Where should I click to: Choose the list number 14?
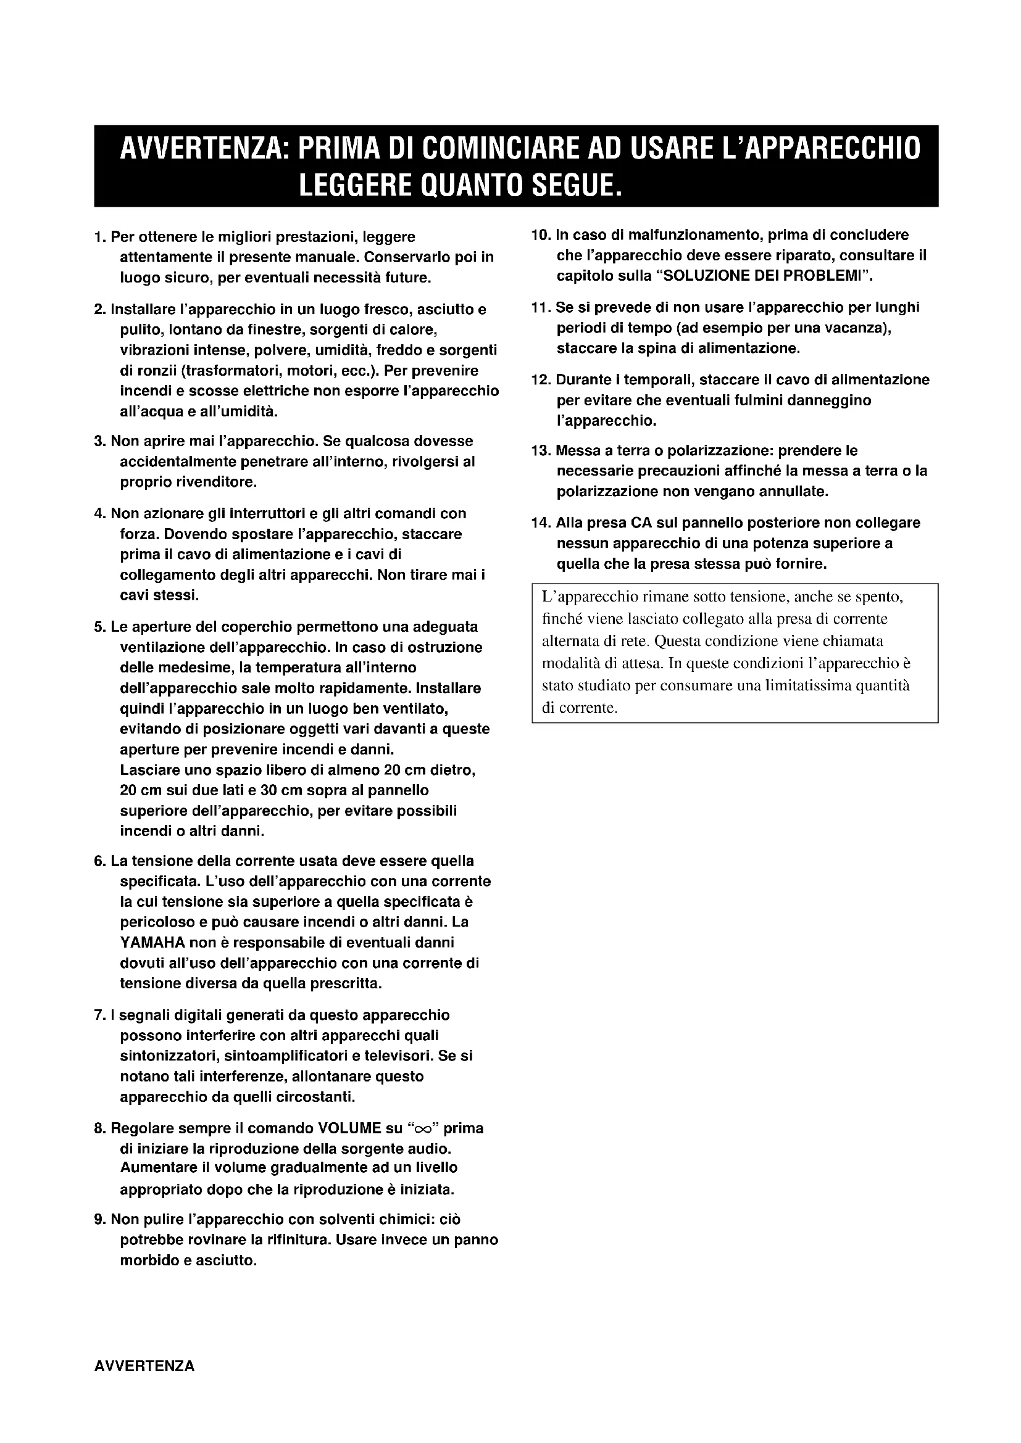pyautogui.click(x=541, y=523)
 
